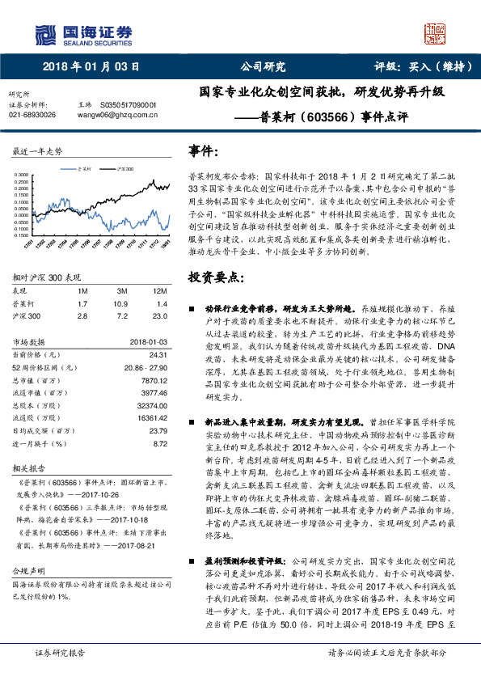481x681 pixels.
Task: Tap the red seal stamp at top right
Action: [434, 33]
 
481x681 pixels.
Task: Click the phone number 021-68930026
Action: [32, 115]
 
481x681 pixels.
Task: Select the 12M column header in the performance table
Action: [158, 290]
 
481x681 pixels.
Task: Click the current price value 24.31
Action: [158, 354]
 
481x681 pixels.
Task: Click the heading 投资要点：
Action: [213, 277]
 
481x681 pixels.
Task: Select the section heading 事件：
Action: [203, 151]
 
